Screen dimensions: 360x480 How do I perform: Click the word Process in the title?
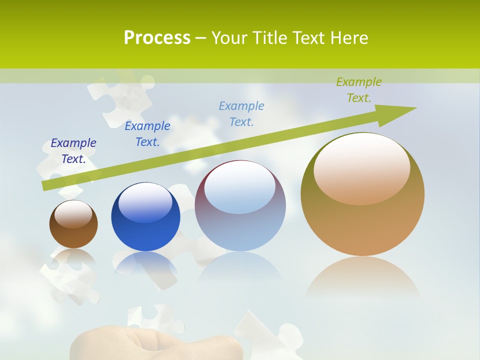[157, 38]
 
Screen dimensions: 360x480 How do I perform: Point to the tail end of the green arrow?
[46, 185]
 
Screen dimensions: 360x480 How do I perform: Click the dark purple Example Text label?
[73, 151]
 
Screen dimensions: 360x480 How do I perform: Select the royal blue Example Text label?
[147, 134]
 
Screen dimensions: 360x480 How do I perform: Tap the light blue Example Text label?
[241, 113]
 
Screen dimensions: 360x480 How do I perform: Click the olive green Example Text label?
[359, 90]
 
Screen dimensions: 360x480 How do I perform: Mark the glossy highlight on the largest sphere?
[361, 167]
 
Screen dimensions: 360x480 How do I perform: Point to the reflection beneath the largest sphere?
[362, 277]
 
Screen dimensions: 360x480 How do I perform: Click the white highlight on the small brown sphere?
[73, 213]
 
